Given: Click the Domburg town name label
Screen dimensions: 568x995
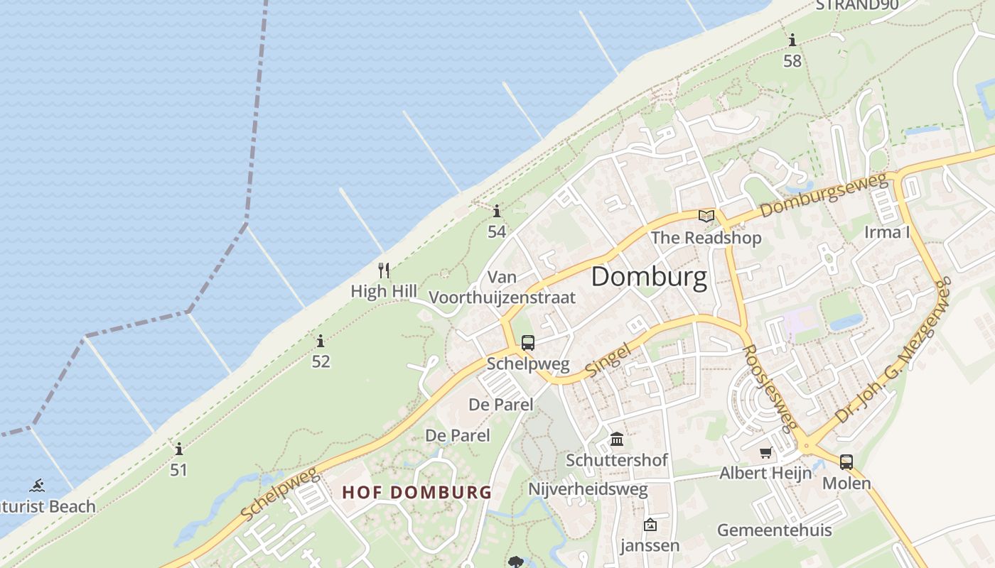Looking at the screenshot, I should [649, 277].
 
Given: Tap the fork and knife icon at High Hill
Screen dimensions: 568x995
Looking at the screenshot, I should [384, 270].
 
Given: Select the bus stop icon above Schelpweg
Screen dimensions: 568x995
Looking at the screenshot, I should [527, 343].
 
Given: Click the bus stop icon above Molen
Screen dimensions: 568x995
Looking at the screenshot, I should [846, 461].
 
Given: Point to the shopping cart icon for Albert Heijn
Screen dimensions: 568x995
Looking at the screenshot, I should [765, 452].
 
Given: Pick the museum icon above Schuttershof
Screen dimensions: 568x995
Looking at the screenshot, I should [617, 439].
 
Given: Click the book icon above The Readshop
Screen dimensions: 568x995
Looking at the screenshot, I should [706, 216].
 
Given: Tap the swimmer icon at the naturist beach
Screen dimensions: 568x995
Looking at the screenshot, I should [37, 486].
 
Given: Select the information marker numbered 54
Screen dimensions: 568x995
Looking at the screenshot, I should [496, 211].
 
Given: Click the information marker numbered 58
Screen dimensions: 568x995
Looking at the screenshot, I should [792, 40].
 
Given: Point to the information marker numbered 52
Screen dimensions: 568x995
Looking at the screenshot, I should [321, 342].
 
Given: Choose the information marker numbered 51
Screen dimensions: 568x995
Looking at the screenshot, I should [178, 449].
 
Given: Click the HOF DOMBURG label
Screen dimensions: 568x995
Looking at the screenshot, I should [416, 492].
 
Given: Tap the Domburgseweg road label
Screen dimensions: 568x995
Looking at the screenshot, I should [823, 197].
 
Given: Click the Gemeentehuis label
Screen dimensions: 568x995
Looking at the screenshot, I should [774, 530].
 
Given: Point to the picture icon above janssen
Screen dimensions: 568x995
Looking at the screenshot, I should [650, 525].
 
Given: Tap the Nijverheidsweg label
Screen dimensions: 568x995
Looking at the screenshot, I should [588, 489].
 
